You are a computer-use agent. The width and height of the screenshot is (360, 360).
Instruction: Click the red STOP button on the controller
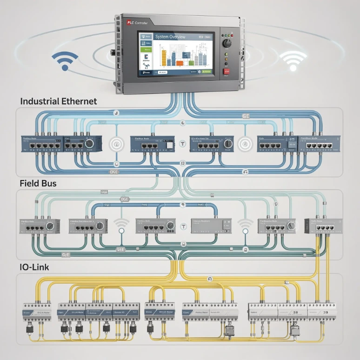pos(227,72)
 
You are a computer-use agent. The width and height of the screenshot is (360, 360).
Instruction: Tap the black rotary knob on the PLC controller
pos(227,43)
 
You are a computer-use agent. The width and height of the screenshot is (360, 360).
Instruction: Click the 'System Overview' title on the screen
pos(170,37)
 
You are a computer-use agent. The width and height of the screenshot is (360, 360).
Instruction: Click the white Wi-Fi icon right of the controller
pos(294,60)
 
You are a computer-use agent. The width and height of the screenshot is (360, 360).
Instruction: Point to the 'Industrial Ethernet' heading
pos(59,101)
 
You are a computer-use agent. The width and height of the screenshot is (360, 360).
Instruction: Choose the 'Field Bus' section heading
pos(38,183)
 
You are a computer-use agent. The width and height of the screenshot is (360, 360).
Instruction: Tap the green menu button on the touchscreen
pos(147,49)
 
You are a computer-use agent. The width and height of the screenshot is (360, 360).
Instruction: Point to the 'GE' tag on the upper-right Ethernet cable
pos(247,116)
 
